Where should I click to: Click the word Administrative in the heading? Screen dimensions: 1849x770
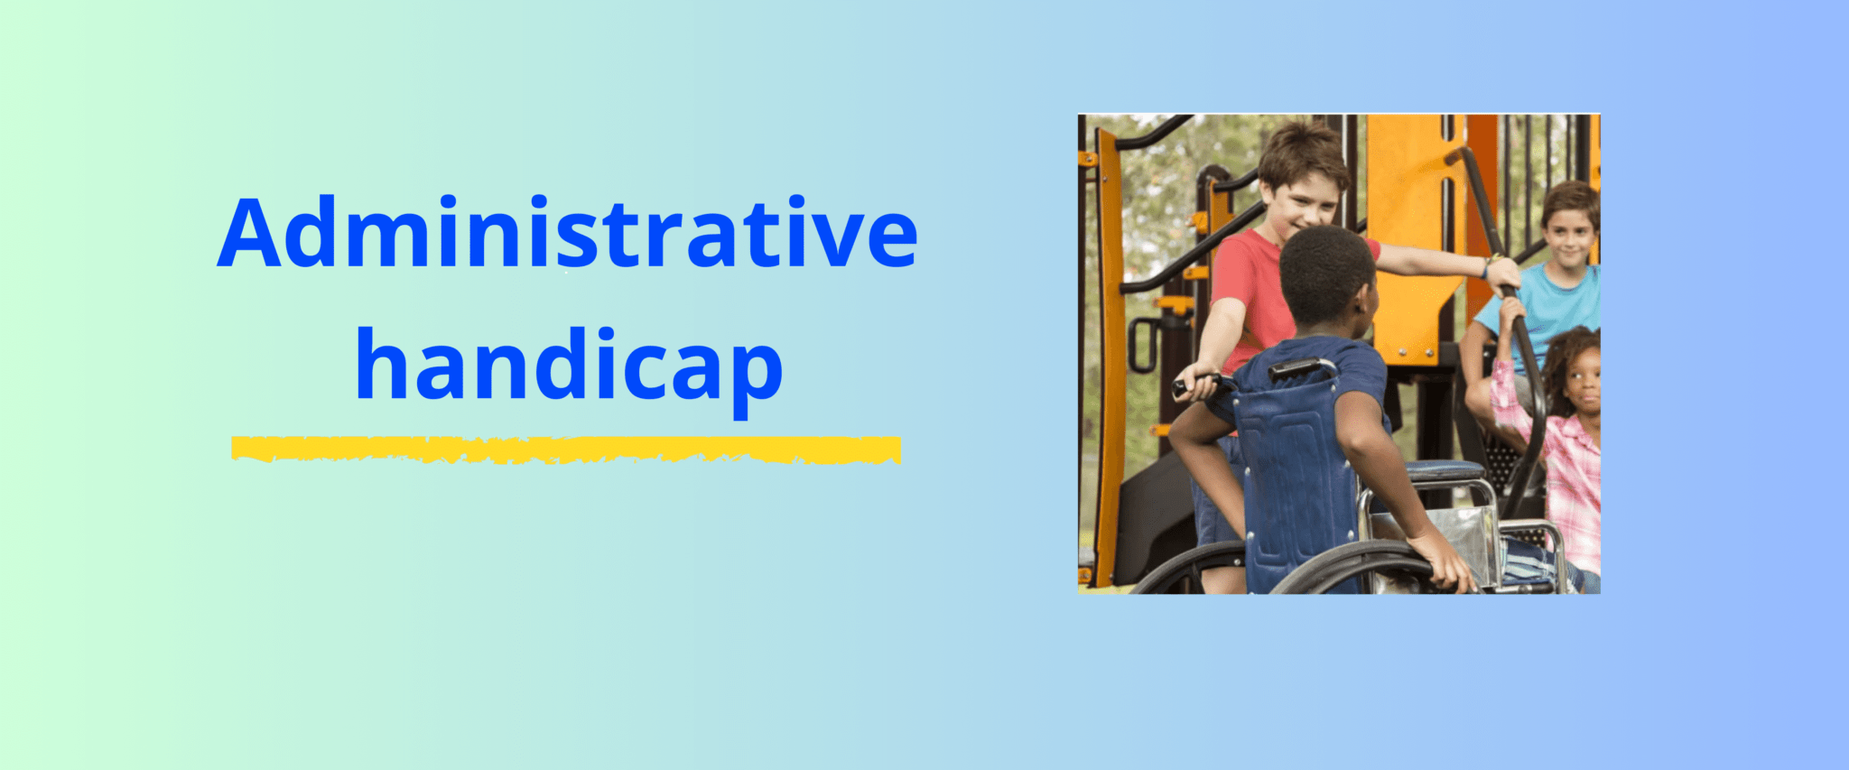[x=568, y=232]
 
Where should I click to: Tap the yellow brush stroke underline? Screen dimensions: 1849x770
[x=566, y=450]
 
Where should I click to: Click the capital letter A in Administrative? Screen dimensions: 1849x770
[x=249, y=232]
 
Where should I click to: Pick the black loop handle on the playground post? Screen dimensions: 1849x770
[x=1141, y=345]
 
